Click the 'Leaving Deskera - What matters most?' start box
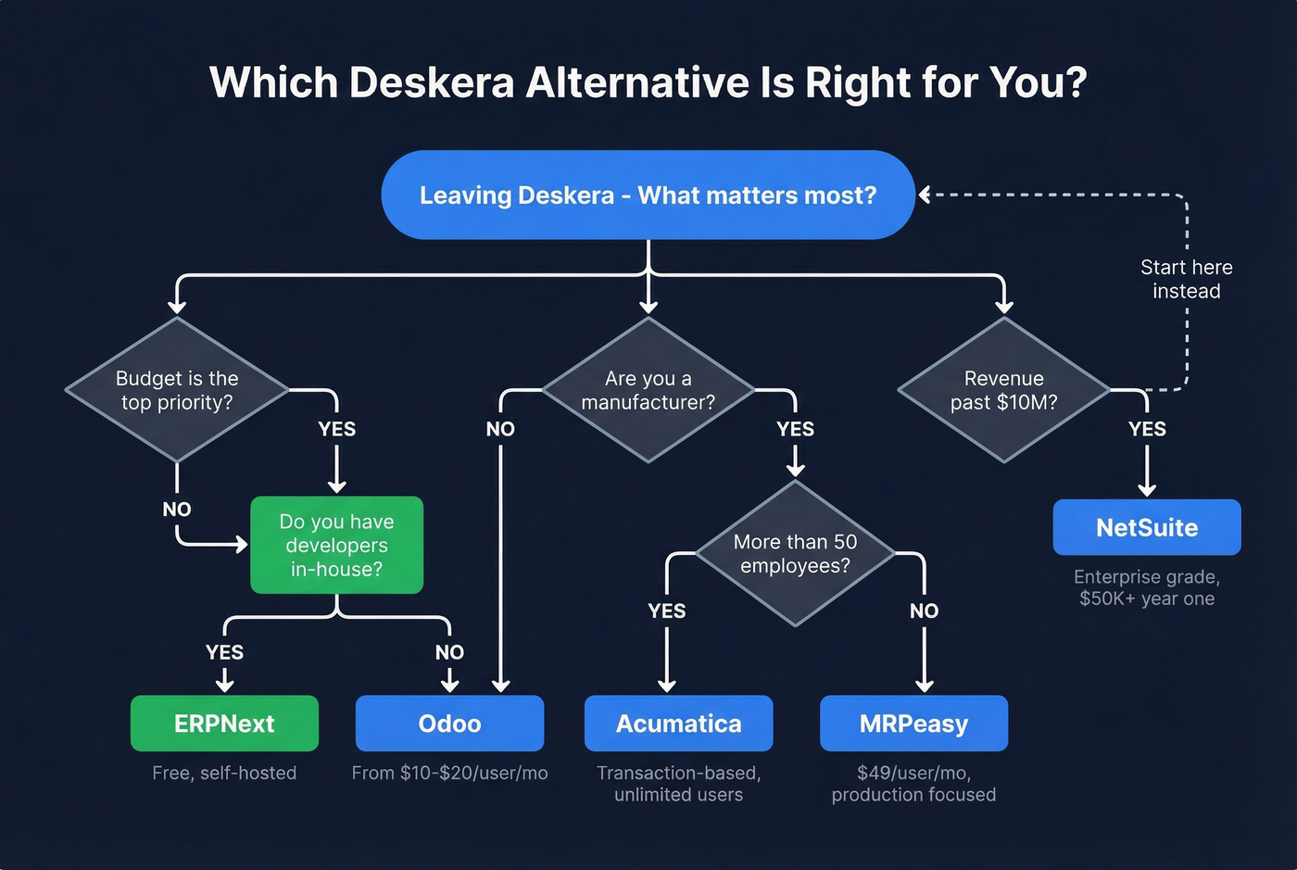(648, 195)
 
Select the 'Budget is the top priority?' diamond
(177, 390)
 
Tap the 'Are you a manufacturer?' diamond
(648, 390)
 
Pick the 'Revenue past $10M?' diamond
(1003, 390)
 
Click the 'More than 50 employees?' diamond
(795, 553)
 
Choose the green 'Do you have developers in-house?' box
(336, 545)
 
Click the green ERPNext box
(224, 724)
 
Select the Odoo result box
(449, 724)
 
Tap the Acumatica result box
(678, 724)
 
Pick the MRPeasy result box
(913, 724)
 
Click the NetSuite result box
(1147, 527)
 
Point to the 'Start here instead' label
(1186, 279)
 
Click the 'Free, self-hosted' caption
(224, 773)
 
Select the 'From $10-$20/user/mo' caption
(449, 773)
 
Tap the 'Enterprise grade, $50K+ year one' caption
(1147, 587)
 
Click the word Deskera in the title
(431, 82)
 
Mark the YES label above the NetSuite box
(1147, 429)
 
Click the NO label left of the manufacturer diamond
(500, 429)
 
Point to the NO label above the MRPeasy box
(924, 611)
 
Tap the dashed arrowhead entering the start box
(925, 195)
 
